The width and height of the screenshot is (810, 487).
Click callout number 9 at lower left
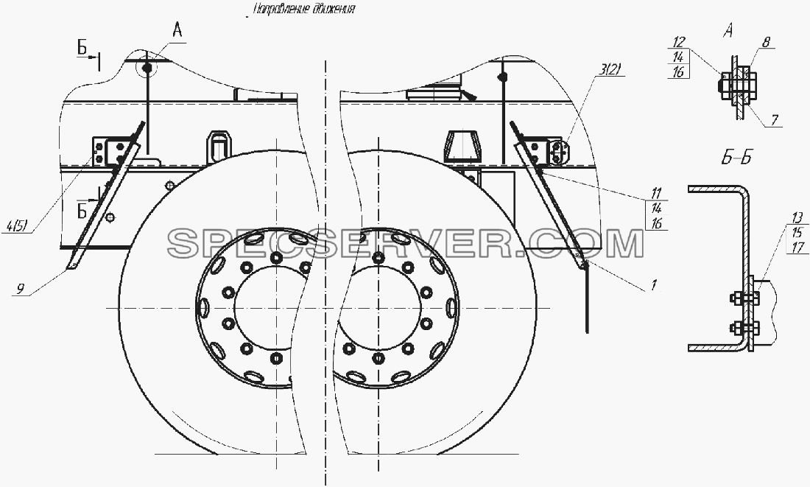tap(20, 289)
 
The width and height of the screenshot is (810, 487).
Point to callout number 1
tap(653, 284)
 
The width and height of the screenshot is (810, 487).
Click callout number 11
tap(656, 194)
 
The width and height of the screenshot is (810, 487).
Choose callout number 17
tap(798, 248)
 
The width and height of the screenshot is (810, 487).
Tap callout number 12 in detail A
tap(679, 42)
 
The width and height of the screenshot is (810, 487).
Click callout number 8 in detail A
tap(766, 43)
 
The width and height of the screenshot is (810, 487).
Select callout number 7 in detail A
tap(775, 120)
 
